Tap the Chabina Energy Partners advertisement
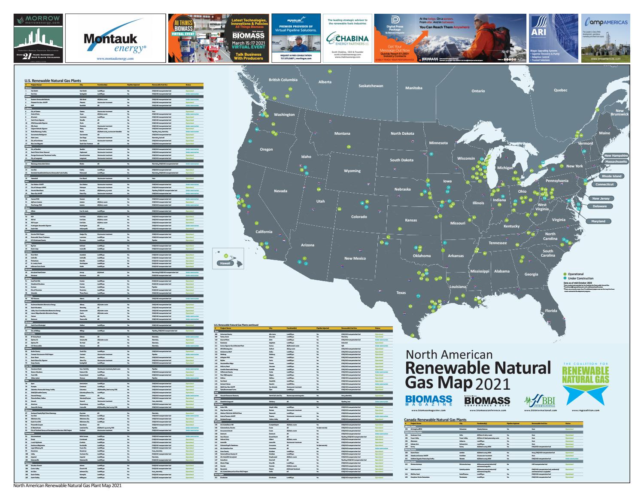pos(348,39)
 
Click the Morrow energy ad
pos(38,39)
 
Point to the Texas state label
pos(401,293)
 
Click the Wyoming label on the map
pos(352,171)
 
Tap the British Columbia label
pos(283,80)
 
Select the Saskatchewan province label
pos(371,86)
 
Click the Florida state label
pos(551,310)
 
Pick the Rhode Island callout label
pos(611,176)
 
